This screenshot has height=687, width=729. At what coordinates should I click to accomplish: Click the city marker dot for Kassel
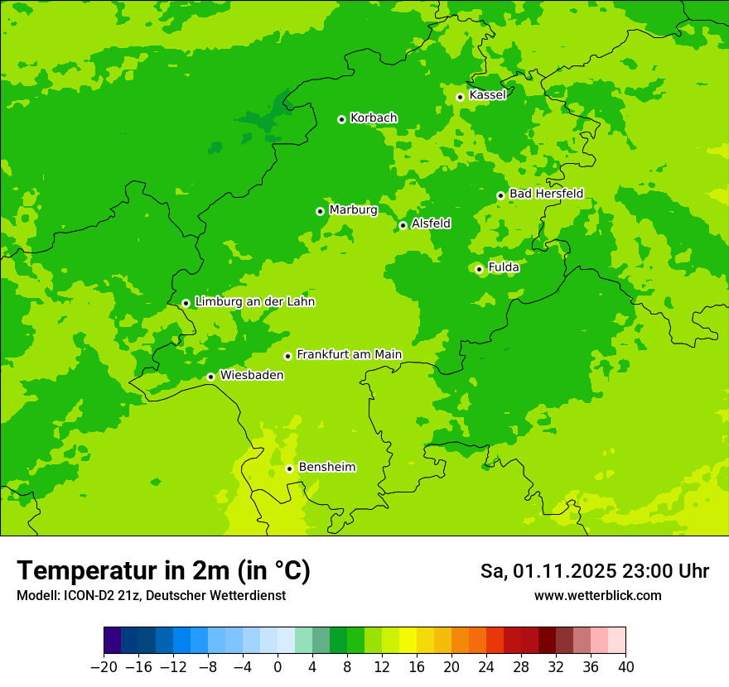(460, 97)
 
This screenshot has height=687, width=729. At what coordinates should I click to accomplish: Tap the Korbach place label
(374, 118)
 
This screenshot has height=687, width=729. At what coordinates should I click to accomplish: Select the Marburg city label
(353, 210)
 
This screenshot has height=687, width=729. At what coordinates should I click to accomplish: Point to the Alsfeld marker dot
(403, 225)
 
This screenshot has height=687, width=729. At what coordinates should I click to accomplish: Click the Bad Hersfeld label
(546, 194)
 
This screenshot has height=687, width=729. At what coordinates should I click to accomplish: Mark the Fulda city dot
(479, 269)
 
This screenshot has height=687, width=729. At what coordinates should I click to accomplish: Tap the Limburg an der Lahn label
(254, 302)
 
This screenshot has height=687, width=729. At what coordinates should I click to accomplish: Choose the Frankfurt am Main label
(349, 355)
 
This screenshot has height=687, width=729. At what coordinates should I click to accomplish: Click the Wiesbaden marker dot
(210, 377)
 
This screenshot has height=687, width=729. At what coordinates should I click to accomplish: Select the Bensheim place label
(326, 468)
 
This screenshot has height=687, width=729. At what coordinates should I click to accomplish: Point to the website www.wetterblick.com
(597, 596)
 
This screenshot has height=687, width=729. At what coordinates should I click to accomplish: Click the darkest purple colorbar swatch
(113, 641)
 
